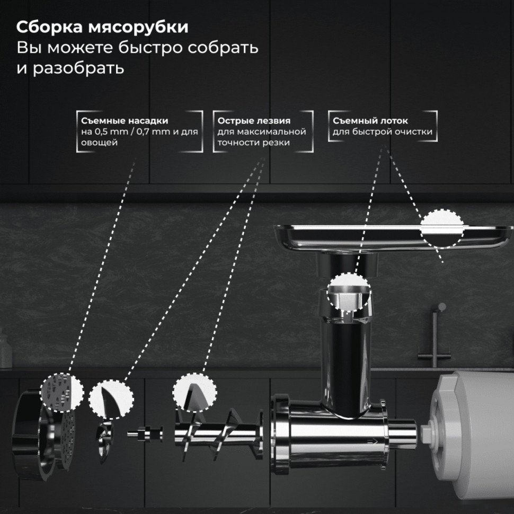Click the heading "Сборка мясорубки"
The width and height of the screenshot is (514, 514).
click(x=102, y=27)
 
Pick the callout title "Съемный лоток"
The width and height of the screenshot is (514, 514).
click(x=370, y=121)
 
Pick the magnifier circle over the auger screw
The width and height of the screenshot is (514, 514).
click(x=194, y=392)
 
